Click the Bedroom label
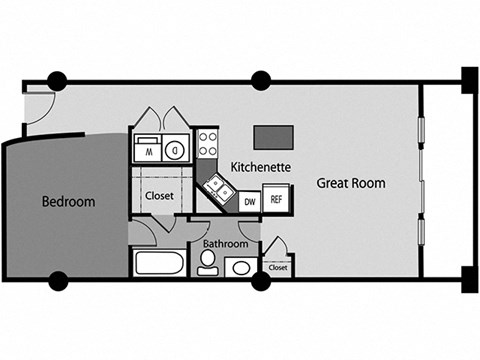68,201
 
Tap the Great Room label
351,183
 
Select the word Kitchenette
261,166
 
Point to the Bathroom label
224,242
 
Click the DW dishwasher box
251,200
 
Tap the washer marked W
147,152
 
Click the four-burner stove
209,145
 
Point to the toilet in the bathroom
208,263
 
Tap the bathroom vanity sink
240,268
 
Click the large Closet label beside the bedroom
160,196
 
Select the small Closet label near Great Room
277,268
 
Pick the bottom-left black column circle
57,281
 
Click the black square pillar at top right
469,76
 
